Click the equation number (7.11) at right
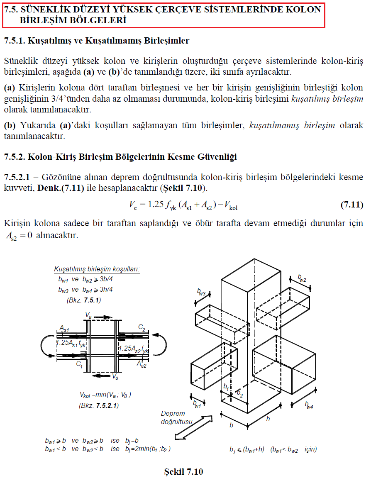point(351,205)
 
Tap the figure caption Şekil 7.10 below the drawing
point(183,471)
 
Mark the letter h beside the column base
point(268,419)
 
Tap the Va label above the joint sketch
point(88,316)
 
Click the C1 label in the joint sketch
point(80,363)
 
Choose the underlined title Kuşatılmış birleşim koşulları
point(97,269)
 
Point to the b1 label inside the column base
point(226,386)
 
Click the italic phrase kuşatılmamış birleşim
point(292,125)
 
